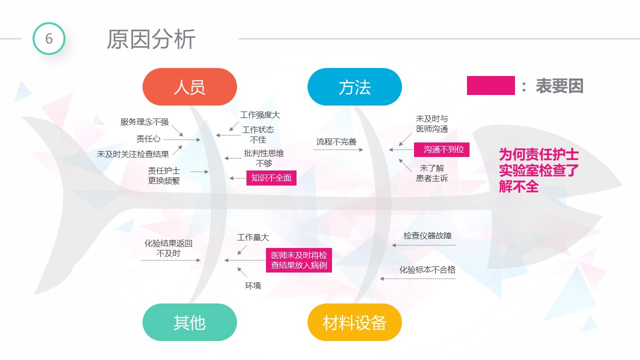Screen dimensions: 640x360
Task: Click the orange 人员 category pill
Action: tap(189, 86)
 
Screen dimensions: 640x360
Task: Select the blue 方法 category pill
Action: tap(354, 86)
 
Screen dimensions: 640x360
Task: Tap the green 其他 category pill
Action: tap(189, 322)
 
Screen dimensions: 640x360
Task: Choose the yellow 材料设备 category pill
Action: tap(354, 322)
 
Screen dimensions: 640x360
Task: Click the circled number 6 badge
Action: tap(49, 38)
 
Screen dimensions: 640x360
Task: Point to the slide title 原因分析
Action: tap(151, 39)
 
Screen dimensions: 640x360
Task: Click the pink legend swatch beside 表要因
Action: tap(491, 85)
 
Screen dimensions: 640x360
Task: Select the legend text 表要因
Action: tap(559, 85)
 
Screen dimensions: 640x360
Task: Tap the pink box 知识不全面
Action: tap(271, 178)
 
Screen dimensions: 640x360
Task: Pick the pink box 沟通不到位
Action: tap(441, 149)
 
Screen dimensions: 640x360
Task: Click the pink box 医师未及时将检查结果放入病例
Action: tap(299, 260)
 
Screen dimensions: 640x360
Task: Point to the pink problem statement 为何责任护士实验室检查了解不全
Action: tap(539, 170)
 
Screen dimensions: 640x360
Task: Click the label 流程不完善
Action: tap(336, 141)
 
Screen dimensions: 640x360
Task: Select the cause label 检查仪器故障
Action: tap(427, 235)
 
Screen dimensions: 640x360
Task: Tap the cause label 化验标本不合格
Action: tap(427, 269)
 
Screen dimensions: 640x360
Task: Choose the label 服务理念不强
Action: tap(144, 122)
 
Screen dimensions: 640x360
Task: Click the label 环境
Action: tap(253, 285)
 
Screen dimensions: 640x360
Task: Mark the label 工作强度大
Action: tap(260, 115)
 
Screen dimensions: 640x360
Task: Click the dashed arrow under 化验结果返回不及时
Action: tap(170, 260)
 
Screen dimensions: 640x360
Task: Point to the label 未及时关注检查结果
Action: tap(133, 154)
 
